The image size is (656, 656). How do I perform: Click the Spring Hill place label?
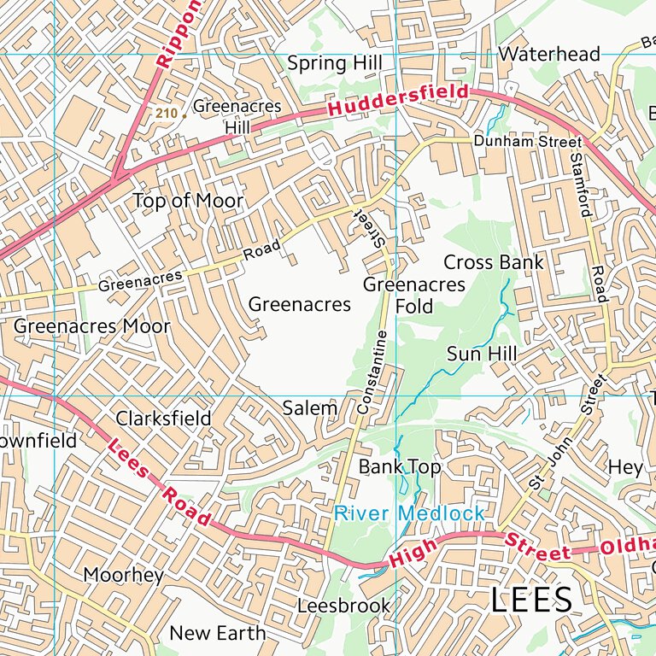[334, 63]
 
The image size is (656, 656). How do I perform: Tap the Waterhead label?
[549, 54]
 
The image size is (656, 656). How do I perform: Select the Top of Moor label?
[188, 201]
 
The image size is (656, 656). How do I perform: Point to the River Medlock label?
[409, 513]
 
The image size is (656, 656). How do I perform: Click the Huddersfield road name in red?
[398, 101]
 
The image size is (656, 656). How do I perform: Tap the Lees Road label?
[160, 483]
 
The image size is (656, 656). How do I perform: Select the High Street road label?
[479, 547]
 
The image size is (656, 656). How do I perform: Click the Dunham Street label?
[527, 140]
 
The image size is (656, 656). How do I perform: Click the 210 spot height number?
[166, 113]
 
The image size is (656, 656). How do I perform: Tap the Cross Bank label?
[493, 262]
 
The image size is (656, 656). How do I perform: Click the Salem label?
[309, 408]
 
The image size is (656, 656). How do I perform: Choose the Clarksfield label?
[163, 419]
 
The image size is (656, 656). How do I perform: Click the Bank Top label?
[399, 467]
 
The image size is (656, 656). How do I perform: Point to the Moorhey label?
[123, 575]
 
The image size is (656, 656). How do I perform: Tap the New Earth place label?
[217, 633]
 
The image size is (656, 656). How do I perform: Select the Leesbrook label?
[343, 606]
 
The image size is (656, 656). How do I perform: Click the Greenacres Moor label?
[92, 326]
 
